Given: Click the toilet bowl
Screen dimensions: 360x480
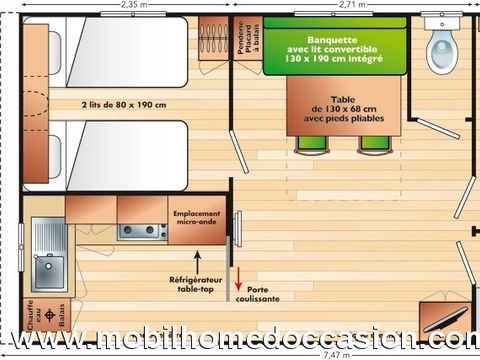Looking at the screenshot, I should click(x=441, y=51).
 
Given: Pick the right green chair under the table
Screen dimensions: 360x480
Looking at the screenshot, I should click(x=374, y=142).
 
